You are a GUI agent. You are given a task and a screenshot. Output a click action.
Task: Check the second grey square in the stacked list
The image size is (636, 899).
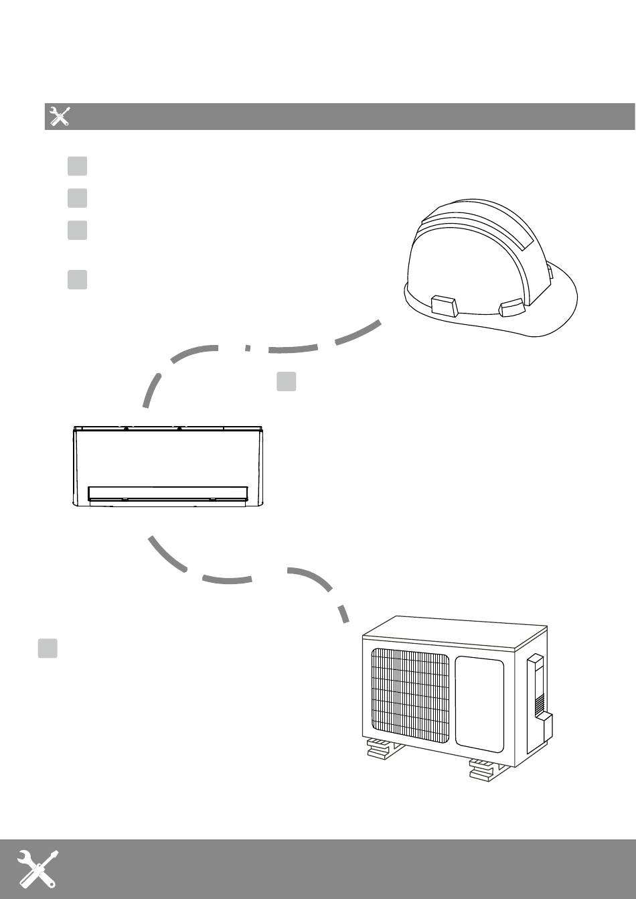click(77, 198)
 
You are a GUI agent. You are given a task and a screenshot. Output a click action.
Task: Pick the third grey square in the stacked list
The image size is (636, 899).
click(77, 230)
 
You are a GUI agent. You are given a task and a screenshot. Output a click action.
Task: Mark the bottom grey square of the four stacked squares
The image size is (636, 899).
click(77, 279)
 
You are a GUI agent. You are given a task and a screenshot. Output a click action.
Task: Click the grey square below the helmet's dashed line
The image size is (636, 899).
click(287, 381)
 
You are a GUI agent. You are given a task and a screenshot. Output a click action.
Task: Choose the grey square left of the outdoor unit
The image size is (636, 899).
click(47, 648)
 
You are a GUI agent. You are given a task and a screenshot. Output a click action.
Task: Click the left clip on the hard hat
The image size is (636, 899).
click(445, 305)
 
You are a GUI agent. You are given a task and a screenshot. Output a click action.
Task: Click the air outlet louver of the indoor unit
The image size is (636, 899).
click(167, 493)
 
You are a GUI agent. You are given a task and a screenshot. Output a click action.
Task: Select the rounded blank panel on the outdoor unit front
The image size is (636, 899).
click(479, 703)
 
